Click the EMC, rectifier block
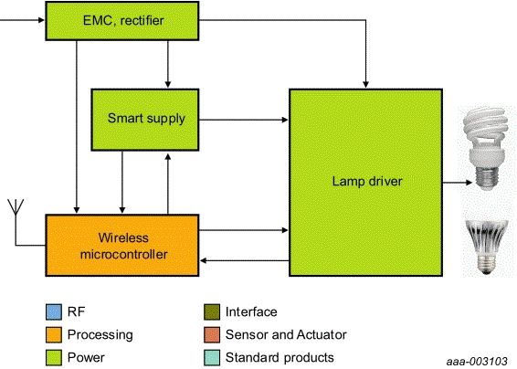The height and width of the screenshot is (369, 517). (122, 20)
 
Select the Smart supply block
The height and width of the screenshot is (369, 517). (145, 120)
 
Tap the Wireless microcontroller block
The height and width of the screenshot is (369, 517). (122, 244)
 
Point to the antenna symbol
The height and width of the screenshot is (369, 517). (14, 208)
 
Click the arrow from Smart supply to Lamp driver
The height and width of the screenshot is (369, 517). (242, 120)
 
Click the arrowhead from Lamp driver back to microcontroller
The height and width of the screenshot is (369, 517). (205, 262)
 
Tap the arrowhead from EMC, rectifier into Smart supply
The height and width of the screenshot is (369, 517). (167, 83)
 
